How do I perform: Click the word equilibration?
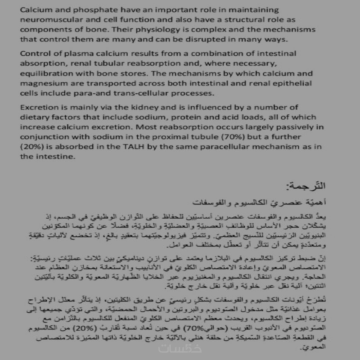[x=42, y=73]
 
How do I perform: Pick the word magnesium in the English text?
[x=42, y=83]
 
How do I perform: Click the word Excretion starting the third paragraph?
[x=37, y=107]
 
